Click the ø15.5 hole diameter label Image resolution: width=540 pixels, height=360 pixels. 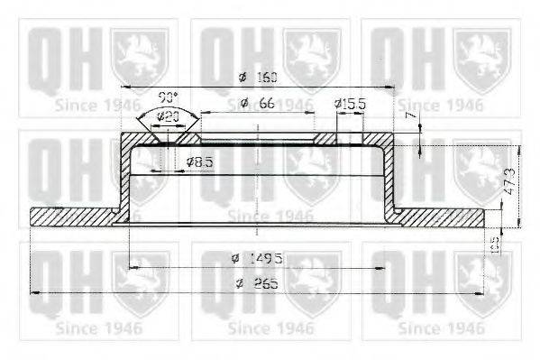click(x=350, y=105)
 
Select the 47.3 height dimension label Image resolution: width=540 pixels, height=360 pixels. click(x=508, y=185)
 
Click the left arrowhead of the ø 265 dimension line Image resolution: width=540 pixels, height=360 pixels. click(x=34, y=292)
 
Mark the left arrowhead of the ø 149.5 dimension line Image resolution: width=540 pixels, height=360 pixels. click(x=132, y=267)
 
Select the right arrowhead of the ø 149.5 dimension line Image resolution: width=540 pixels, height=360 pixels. click(x=385, y=267)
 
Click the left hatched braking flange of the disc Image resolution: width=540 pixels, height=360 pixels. click(x=72, y=216)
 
